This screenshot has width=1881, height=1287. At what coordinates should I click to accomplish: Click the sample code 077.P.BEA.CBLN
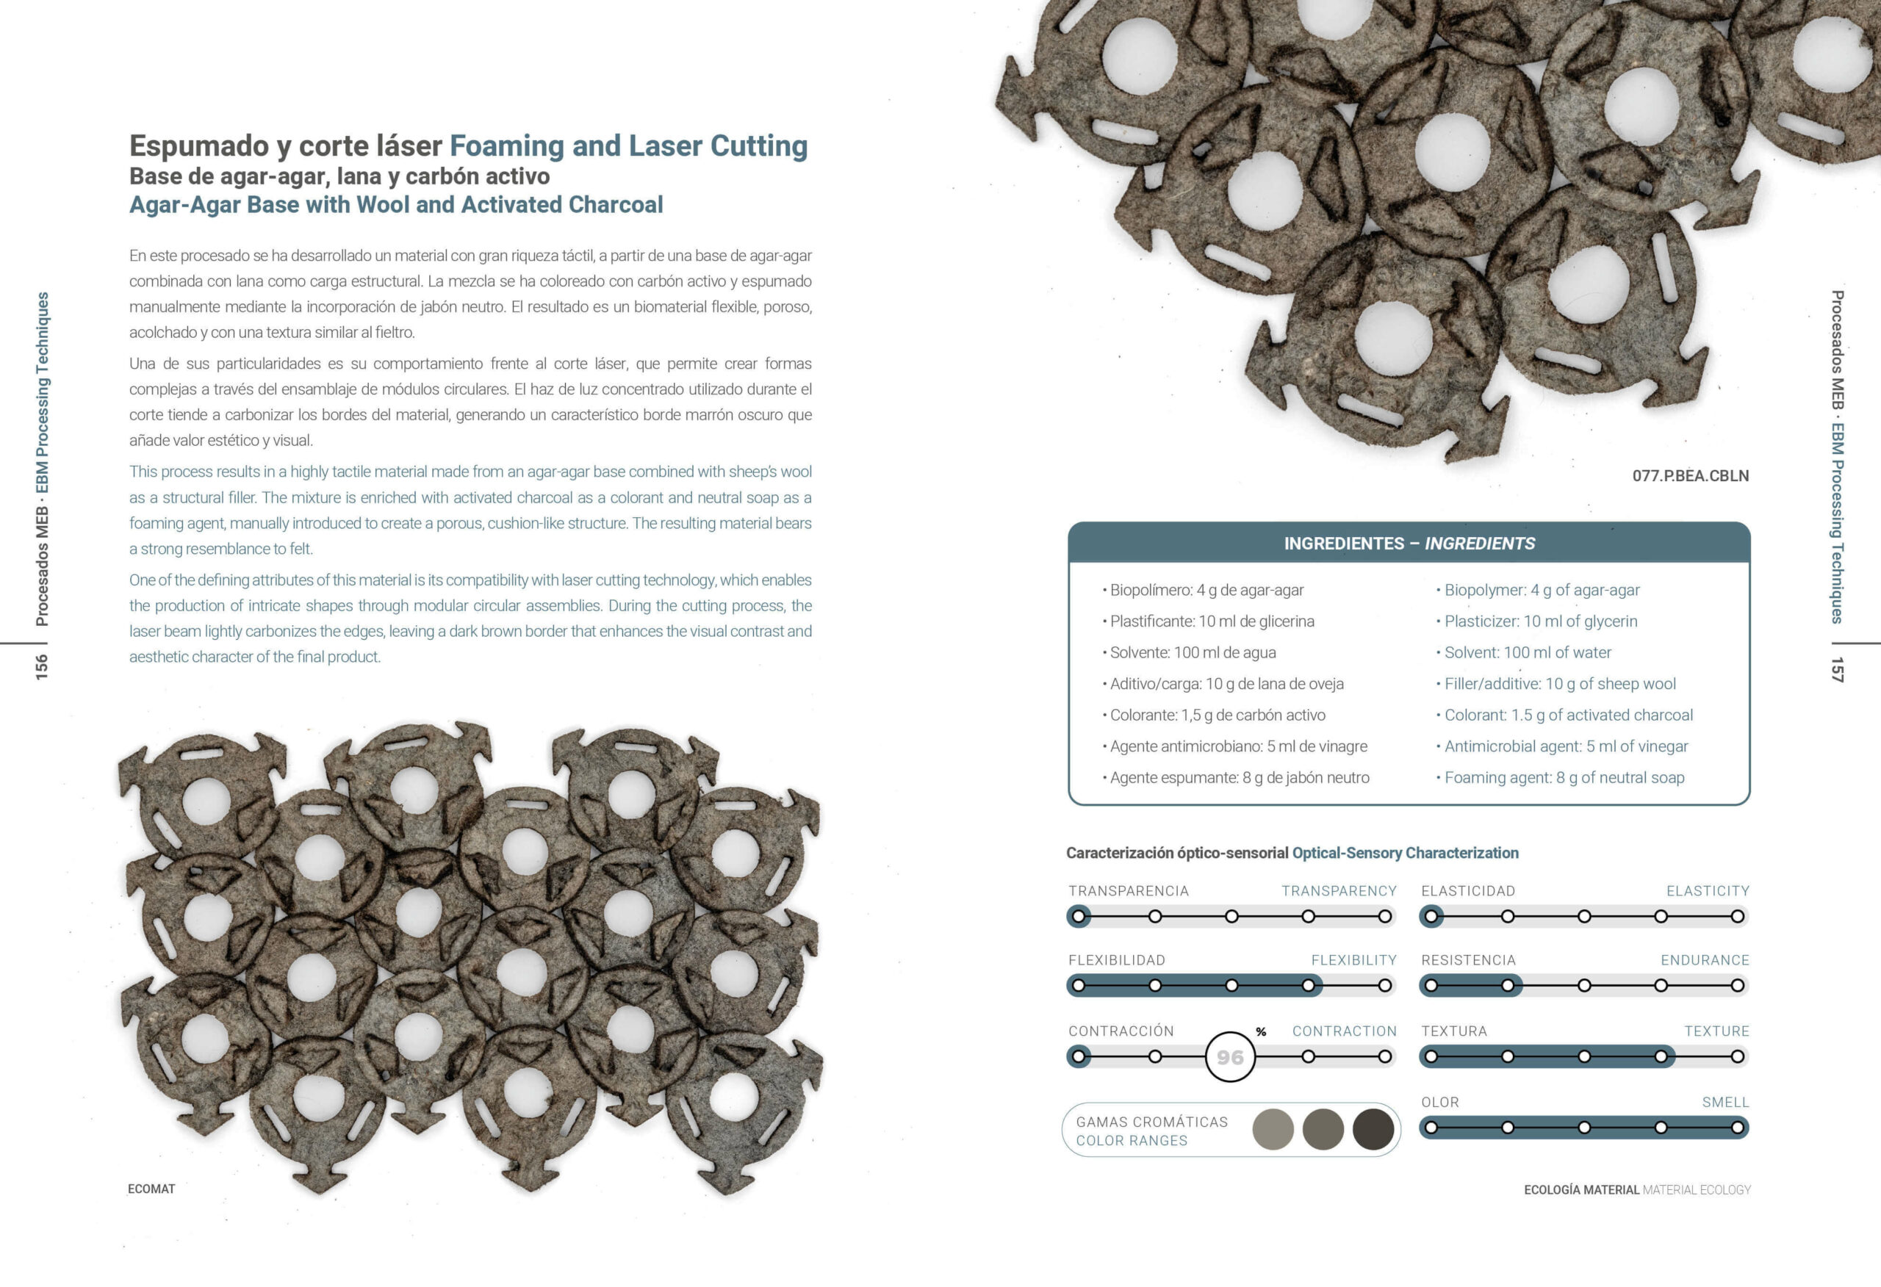1690,476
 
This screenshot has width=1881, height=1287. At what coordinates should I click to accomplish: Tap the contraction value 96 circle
1229,1057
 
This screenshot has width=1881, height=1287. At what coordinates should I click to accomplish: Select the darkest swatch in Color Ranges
1373,1129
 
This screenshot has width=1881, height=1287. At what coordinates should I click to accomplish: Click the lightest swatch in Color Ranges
1273,1129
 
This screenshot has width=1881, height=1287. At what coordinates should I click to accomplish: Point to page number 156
41,666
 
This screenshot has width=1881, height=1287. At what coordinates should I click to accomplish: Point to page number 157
1838,669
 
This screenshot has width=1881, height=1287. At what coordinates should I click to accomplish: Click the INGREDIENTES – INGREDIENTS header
1409,543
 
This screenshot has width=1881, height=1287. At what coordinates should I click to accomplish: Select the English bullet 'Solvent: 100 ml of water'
1528,652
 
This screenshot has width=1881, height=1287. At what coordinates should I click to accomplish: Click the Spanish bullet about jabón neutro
1239,778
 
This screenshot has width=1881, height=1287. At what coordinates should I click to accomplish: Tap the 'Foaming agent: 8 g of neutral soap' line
1564,778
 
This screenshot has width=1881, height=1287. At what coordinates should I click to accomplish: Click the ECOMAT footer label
151,1189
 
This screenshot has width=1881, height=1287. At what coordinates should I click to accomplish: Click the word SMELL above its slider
1724,1103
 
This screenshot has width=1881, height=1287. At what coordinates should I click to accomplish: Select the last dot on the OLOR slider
1737,1128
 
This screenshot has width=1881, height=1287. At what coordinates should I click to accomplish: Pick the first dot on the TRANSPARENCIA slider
1078,916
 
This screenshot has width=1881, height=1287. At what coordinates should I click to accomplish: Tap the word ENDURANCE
1705,960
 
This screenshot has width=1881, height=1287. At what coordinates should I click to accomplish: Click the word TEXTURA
1453,1031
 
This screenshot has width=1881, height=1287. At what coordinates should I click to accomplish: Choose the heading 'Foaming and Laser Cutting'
628,145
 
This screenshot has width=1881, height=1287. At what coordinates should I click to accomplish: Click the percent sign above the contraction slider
1261,1032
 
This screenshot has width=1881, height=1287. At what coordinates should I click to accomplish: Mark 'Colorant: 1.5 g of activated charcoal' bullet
1568,715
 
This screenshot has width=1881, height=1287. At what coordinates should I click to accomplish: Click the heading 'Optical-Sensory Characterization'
1405,853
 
